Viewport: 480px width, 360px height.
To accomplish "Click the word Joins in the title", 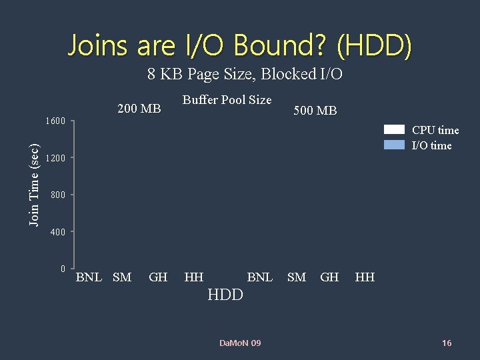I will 99,46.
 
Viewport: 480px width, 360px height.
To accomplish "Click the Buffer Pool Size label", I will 227,100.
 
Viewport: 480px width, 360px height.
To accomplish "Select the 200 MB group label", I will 139,109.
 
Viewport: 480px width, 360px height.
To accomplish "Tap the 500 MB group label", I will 315,111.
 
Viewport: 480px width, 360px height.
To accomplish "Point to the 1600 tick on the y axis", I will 55,121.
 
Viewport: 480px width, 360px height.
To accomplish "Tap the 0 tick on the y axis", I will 63,269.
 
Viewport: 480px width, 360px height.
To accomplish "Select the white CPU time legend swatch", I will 394,130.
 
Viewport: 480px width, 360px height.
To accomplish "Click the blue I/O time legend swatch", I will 394,145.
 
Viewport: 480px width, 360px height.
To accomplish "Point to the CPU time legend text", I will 435,131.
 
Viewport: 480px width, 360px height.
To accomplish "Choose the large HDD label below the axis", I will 225,295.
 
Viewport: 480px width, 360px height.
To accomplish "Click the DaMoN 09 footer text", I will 240,343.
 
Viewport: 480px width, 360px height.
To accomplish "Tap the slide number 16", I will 447,343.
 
